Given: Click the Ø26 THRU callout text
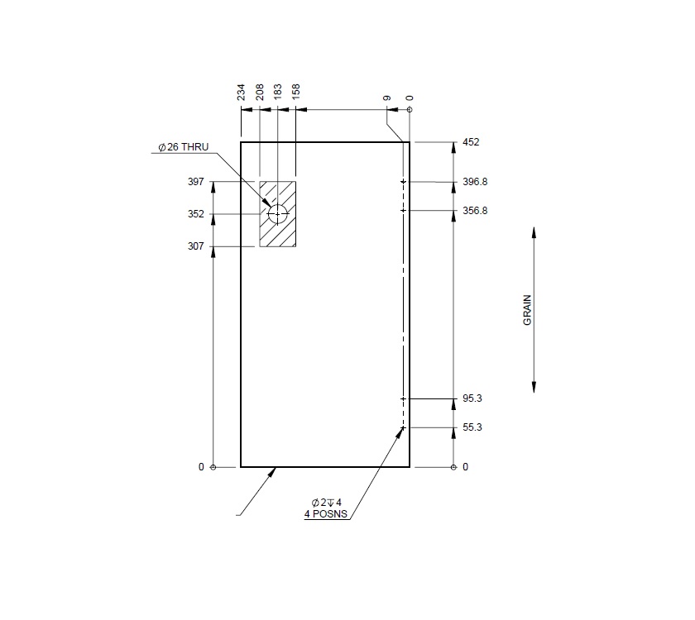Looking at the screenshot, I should click(x=184, y=147).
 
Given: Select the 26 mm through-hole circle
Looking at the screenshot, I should click(x=277, y=214).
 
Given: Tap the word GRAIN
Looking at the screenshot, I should click(x=527, y=310).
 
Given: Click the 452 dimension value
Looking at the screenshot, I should click(x=471, y=142).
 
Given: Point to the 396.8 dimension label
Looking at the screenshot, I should click(x=475, y=182).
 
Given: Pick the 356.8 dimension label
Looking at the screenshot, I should click(x=475, y=211).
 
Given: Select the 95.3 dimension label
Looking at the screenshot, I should click(x=472, y=398).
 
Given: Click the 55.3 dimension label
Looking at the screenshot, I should click(x=472, y=427).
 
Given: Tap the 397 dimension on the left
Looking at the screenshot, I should click(x=196, y=182).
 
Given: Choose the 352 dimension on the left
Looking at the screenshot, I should click(x=196, y=214).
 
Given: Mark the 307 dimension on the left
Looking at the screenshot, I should click(x=196, y=246).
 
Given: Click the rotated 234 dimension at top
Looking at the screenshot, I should click(x=242, y=92).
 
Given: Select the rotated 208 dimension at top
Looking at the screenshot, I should click(x=260, y=92).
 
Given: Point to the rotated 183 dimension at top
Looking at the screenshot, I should click(x=278, y=92).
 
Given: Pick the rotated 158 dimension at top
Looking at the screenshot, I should click(x=296, y=92).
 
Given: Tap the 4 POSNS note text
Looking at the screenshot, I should click(x=326, y=514).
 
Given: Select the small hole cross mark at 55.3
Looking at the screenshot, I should click(x=403, y=427).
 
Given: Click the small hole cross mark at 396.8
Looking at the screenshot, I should click(x=403, y=182).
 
